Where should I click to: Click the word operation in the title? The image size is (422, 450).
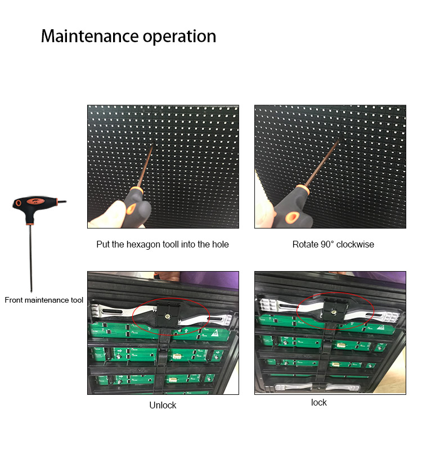tap(179, 37)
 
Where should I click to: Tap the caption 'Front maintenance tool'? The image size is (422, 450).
tap(44, 300)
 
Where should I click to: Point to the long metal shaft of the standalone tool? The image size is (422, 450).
tap(31, 258)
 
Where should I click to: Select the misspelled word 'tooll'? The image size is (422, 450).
tap(170, 244)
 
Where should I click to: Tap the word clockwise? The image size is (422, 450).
tap(355, 244)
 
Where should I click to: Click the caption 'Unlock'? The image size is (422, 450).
tap(163, 405)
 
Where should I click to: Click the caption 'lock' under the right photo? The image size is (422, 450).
tap(318, 402)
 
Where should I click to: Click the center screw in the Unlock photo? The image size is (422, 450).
tap(167, 316)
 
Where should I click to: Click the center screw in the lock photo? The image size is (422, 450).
tap(333, 312)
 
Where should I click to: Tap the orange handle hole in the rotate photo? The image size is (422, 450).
tap(292, 217)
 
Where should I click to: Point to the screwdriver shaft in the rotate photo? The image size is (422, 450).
tap(322, 162)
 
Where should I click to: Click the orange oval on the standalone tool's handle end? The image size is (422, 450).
tap(19, 203)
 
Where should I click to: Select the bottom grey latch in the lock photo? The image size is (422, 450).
tap(317, 387)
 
